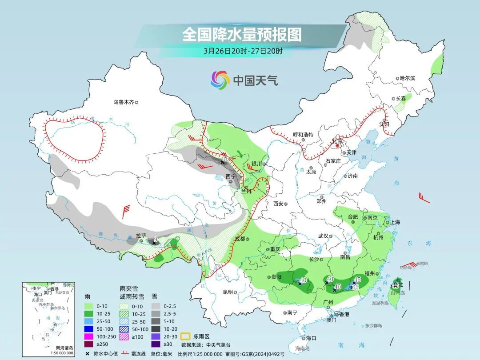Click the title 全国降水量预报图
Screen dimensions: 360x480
(242, 34)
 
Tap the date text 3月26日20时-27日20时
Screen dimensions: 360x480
(243, 51)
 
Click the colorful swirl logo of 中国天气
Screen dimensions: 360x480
(220, 80)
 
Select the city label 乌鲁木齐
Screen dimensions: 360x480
(124, 102)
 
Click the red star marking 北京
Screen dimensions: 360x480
(338, 145)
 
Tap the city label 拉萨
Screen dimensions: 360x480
(141, 236)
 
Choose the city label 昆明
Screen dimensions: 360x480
(228, 292)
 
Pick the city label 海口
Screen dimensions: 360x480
(311, 338)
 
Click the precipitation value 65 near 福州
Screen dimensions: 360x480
(355, 288)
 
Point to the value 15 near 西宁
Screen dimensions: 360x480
(225, 159)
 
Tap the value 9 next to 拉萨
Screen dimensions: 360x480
(155, 240)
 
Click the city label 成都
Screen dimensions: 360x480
(240, 239)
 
